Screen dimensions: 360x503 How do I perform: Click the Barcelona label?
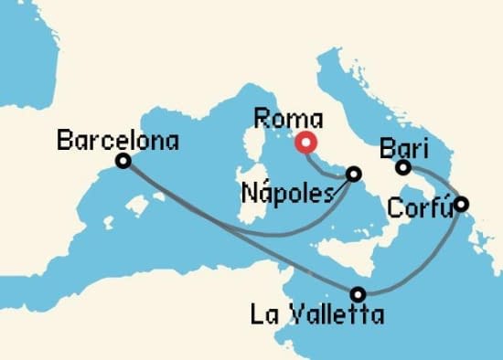118,141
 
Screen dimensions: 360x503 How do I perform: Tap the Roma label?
288,119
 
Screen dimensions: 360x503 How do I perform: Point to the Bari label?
405,148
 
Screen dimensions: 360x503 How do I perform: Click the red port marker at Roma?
305,143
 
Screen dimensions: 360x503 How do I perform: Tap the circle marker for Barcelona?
123,162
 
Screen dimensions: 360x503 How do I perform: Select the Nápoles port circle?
354,173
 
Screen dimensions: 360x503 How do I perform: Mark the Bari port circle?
402,167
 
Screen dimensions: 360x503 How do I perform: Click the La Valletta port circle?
359,294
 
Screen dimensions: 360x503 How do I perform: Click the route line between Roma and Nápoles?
324,164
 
